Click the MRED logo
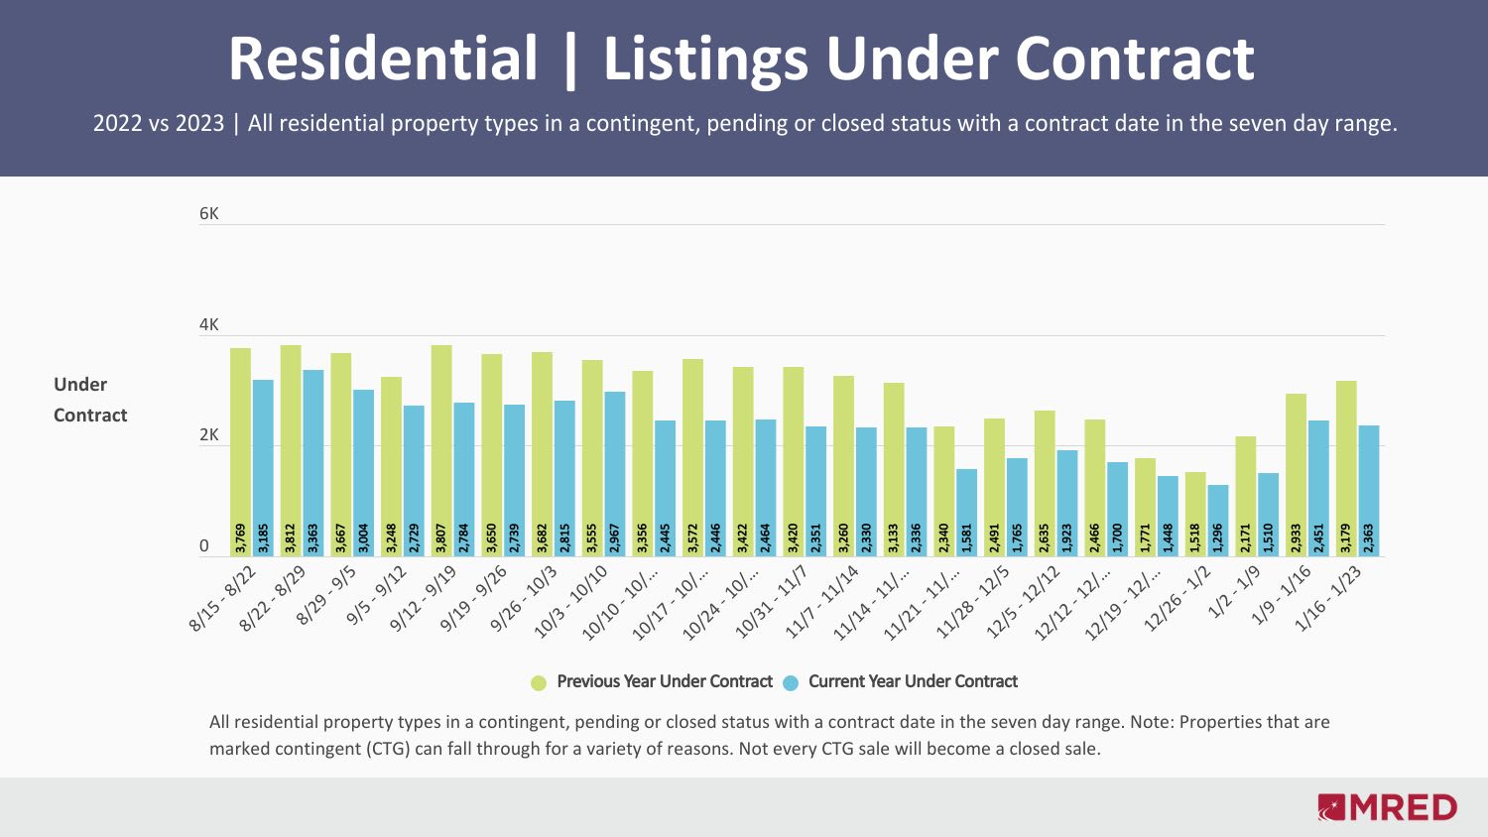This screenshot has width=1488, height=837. pyautogui.click(x=1388, y=807)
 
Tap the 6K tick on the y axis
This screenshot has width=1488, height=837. pyautogui.click(x=208, y=214)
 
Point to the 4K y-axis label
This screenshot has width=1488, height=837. pyautogui.click(x=208, y=325)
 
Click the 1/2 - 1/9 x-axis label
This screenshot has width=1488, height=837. pyautogui.click(x=1234, y=592)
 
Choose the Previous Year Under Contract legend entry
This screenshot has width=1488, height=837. pyautogui.click(x=664, y=681)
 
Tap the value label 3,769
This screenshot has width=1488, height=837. pyautogui.click(x=241, y=538)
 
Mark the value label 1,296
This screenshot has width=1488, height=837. pyautogui.click(x=1218, y=538)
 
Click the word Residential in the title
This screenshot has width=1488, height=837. pyautogui.click(x=383, y=59)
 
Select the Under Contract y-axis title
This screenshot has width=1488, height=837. pyautogui.click(x=90, y=400)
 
